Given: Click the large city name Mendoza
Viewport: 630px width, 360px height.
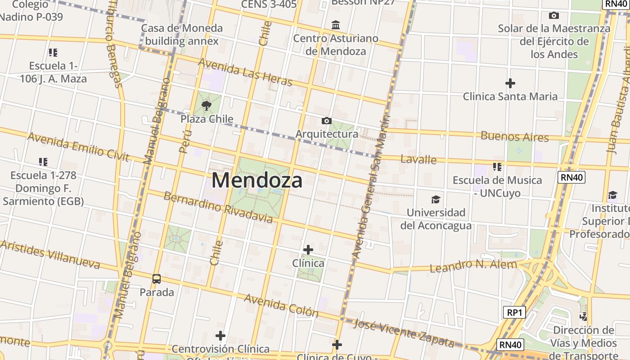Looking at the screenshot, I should (x=257, y=180).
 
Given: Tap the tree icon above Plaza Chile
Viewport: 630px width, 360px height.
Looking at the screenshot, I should (x=207, y=106).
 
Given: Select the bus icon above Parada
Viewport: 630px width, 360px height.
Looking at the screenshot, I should (x=157, y=279).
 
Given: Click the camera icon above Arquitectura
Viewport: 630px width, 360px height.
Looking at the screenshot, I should (x=327, y=121).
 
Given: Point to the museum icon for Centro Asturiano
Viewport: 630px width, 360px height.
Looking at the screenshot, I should (x=336, y=25).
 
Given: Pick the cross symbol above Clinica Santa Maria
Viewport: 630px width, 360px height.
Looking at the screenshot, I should (x=510, y=83).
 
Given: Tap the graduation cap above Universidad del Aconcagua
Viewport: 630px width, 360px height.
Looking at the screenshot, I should (x=436, y=199).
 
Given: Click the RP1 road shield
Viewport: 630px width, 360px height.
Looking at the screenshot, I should (x=514, y=312).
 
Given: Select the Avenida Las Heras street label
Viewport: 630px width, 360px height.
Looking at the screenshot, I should (x=245, y=72).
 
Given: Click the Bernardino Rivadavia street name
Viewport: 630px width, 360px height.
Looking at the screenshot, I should (x=218, y=207).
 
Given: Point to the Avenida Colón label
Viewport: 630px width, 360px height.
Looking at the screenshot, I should (x=281, y=306).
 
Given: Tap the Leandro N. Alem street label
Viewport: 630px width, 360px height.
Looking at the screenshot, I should (x=473, y=265).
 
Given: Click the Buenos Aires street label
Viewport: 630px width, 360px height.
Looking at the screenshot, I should (x=515, y=136).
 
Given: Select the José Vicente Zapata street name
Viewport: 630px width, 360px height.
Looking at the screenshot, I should (x=404, y=333).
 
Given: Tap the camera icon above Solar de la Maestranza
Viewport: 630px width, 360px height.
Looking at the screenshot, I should (x=554, y=16).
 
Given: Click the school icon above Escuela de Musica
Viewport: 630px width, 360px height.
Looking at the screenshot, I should (x=497, y=167).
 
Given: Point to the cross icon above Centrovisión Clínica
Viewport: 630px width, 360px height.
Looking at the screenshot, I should (x=220, y=336).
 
